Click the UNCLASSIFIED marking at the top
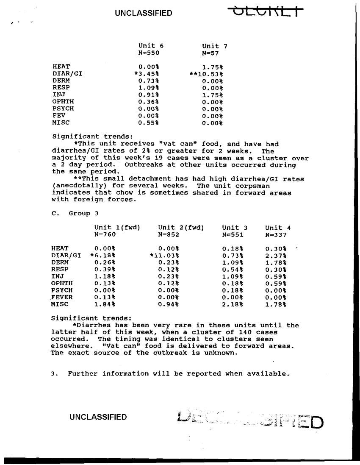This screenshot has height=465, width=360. [x=143, y=13]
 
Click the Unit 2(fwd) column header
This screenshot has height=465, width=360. [x=181, y=228]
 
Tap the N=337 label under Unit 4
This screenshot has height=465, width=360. [x=276, y=235]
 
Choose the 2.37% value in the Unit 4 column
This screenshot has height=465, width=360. [x=276, y=256]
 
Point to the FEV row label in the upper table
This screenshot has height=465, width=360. [x=58, y=116]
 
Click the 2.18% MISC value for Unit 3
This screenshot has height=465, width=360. [x=233, y=304]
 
